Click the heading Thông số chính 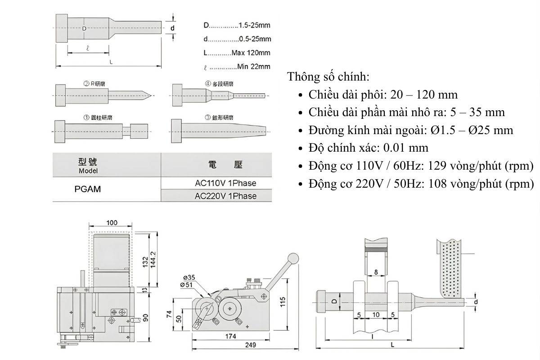(x=328, y=76)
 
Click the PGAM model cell (x=87, y=189)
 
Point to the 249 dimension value (x=250, y=345)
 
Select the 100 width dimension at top (x=112, y=223)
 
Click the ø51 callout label (x=189, y=284)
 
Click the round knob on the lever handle (x=293, y=258)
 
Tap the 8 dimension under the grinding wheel (x=376, y=272)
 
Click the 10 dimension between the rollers (x=376, y=314)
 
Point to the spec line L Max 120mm (x=237, y=53)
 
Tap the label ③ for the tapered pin (x=208, y=117)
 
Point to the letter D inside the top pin (x=84, y=29)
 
